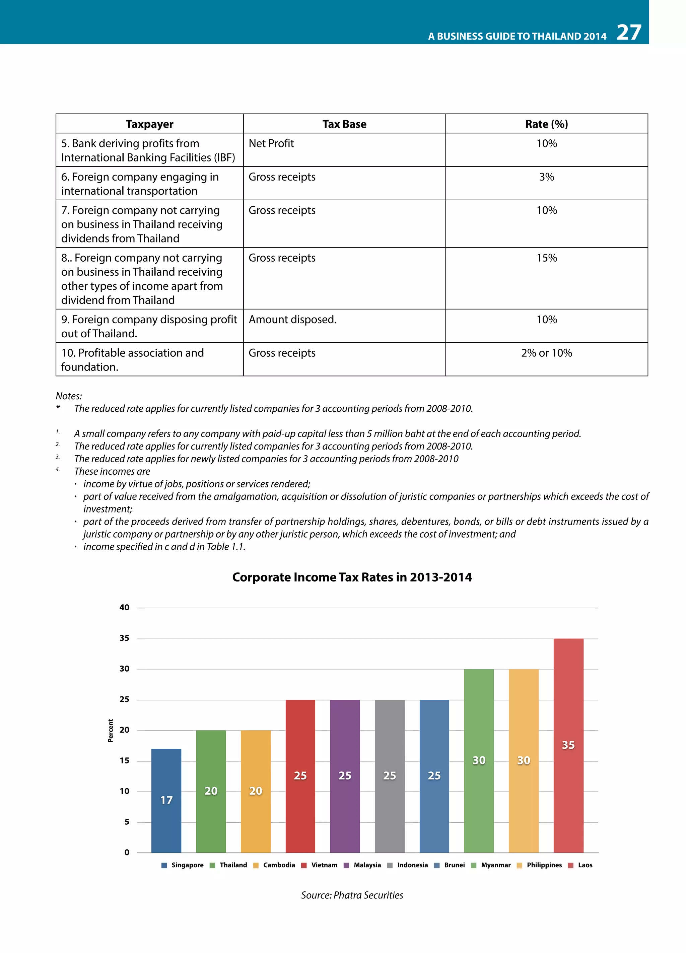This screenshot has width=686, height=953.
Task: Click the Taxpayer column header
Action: [x=149, y=124]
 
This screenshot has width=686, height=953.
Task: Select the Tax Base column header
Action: [x=344, y=124]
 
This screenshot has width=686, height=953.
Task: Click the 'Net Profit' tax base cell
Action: [x=271, y=144]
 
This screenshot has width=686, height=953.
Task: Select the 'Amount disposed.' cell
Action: [x=293, y=320]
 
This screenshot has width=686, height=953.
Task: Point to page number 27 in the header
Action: [x=628, y=32]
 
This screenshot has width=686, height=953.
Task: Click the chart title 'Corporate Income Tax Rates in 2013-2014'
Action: [x=352, y=577]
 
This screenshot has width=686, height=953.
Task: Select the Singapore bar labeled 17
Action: [x=166, y=801]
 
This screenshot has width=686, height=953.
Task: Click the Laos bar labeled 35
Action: [x=568, y=745]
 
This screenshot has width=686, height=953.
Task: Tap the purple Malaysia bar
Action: [x=345, y=776]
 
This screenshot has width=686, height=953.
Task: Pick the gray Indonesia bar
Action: [x=390, y=776]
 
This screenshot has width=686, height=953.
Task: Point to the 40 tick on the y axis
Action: [x=124, y=608]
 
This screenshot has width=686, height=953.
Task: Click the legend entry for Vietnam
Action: [x=319, y=865]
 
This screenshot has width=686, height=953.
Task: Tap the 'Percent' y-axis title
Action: [x=111, y=731]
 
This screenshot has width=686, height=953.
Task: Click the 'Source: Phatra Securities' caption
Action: [x=352, y=895]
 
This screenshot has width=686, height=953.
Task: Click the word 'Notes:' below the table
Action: [x=69, y=396]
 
